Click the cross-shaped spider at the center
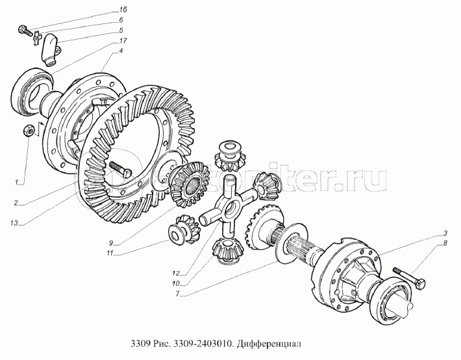click(227, 209)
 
